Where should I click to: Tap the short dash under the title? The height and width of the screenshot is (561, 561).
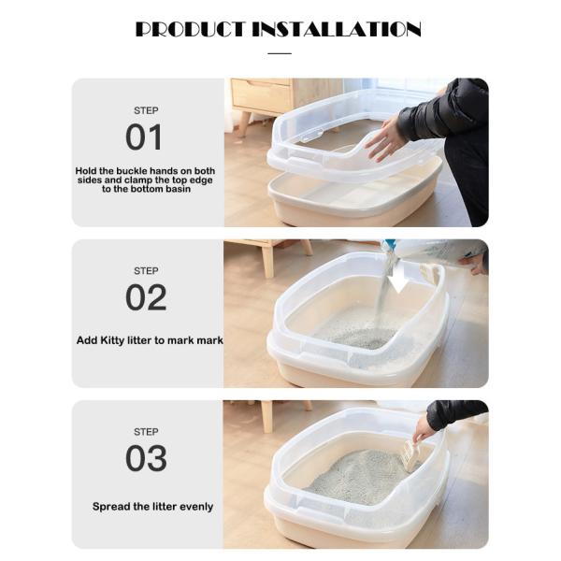pos(280,53)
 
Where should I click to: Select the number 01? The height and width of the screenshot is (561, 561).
pos(145,137)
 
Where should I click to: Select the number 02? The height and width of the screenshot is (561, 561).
pos(146,297)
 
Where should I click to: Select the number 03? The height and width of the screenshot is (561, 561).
pos(146,458)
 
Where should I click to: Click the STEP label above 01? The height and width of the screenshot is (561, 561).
pos(146,110)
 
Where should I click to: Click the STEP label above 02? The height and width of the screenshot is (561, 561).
pos(146,271)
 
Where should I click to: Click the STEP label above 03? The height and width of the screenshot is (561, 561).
pos(146,432)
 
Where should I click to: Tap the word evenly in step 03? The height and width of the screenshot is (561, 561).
pos(192,506)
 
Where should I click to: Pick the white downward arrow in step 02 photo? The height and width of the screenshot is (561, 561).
pos(399,279)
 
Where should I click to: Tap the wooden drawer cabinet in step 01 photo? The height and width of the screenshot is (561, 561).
pos(266,95)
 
